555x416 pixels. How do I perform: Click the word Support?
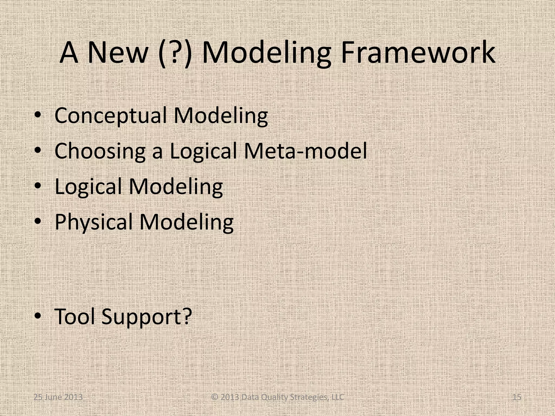147,317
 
